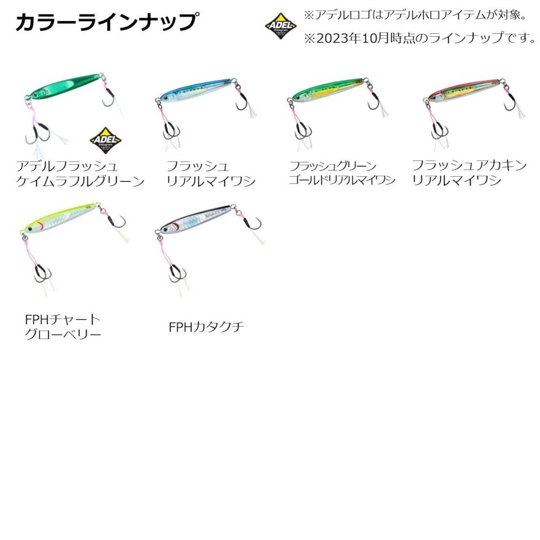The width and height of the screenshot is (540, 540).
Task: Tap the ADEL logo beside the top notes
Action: [281, 26]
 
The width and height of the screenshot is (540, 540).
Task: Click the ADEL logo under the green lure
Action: [105, 140]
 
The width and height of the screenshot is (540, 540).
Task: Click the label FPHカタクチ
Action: [206, 327]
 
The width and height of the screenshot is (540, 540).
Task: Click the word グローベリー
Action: [63, 335]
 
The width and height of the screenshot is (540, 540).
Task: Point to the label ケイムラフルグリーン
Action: [80, 181]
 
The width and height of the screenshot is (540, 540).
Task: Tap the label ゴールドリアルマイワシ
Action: [342, 180]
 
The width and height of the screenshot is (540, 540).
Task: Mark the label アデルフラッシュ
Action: [67, 166]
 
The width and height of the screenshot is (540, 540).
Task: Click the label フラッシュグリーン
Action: [332, 166]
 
